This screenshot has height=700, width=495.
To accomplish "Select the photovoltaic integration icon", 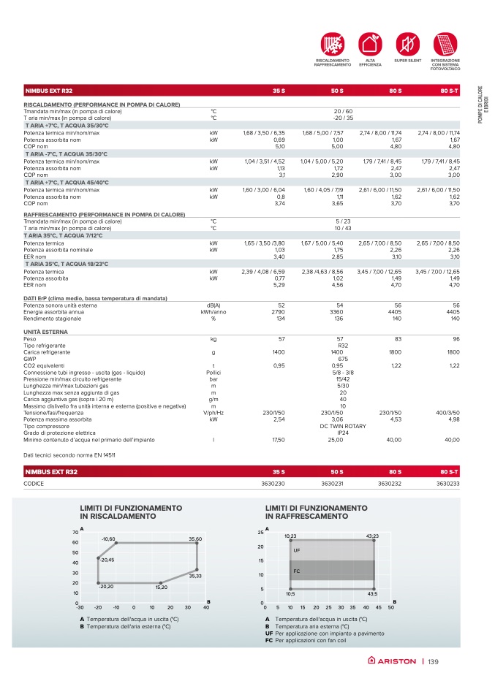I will click(x=444, y=42).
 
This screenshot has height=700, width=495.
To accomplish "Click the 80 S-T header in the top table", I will click(x=450, y=91).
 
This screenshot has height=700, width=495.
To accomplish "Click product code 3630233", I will click(x=447, y=484).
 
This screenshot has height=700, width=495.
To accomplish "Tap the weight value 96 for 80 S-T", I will click(x=456, y=340).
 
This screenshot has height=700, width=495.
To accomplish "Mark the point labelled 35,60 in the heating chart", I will click(x=197, y=543).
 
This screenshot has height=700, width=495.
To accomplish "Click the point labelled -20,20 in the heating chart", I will click(x=98, y=582).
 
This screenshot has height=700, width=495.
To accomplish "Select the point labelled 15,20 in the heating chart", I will click(x=161, y=582).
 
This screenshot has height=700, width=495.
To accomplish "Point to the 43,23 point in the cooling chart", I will click(x=374, y=541).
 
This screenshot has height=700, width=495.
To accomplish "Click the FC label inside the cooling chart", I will click(x=297, y=570).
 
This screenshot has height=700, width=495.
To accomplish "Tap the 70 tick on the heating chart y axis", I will click(x=75, y=532).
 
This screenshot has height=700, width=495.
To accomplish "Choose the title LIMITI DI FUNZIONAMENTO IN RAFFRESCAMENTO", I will click(x=316, y=511).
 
